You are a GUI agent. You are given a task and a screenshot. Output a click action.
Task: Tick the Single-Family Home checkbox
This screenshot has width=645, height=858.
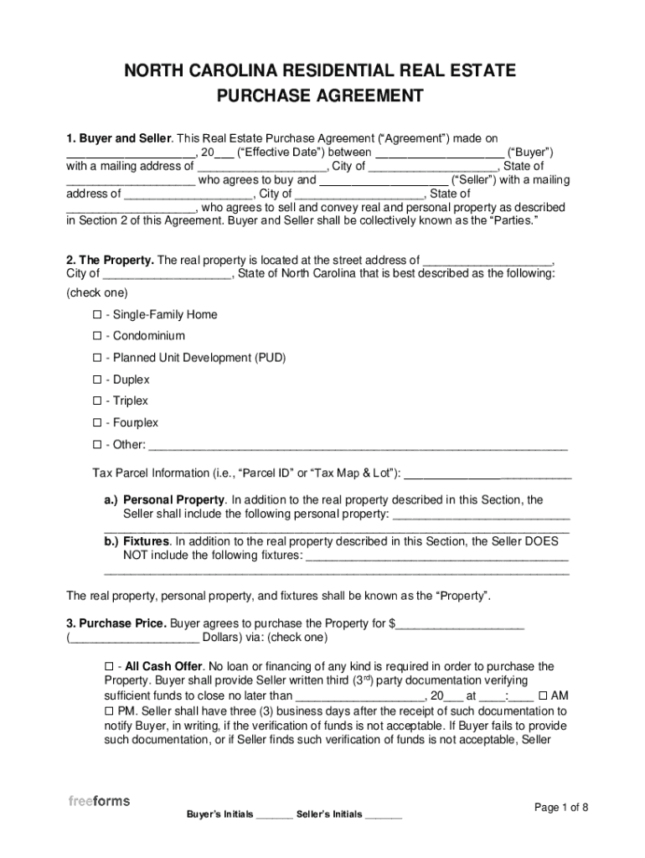(x=97, y=315)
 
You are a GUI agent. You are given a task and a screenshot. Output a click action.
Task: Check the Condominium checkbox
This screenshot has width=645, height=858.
(x=97, y=337)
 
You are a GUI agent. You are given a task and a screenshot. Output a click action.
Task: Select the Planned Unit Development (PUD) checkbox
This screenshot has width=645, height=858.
(x=97, y=359)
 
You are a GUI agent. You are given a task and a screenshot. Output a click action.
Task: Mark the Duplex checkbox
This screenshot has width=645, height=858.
(x=97, y=380)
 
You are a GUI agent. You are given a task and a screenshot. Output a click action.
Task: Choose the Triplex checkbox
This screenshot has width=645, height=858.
(x=97, y=401)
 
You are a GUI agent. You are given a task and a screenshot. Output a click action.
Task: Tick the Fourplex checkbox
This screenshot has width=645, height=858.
(x=97, y=423)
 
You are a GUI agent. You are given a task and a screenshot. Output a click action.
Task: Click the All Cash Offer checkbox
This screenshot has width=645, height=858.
(x=109, y=667)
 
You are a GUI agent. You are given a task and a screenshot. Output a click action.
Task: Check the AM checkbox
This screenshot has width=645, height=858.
(x=544, y=695)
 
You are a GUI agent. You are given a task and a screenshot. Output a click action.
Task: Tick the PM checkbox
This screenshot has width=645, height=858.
(x=109, y=711)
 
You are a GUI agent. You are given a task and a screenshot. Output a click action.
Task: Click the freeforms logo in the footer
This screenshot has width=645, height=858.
(x=99, y=801)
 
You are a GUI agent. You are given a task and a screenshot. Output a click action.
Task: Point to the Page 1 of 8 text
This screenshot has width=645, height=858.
(x=561, y=808)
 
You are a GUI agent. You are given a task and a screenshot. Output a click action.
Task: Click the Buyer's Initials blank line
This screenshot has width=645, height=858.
(x=275, y=815)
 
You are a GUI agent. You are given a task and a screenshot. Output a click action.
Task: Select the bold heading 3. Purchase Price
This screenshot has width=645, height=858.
(x=116, y=624)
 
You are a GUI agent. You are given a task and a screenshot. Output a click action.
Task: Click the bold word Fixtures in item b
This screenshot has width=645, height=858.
(x=147, y=542)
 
